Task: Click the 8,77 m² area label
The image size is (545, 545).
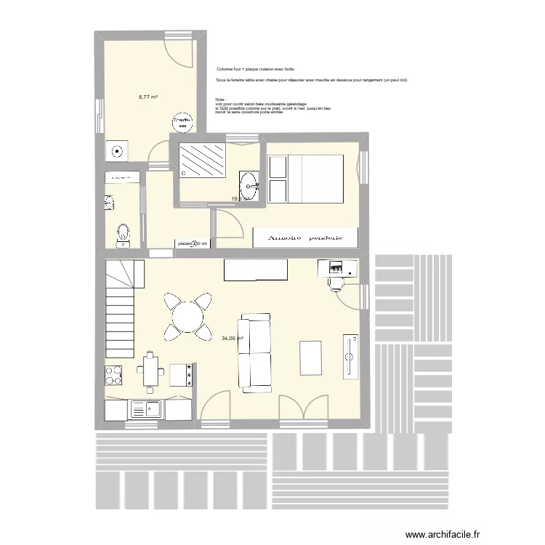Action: [148, 96]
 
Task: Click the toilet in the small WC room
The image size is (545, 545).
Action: [123, 234]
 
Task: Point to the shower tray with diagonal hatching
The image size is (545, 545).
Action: [203, 160]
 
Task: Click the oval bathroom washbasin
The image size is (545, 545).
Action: [249, 182]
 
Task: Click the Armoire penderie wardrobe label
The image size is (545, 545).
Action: [304, 238]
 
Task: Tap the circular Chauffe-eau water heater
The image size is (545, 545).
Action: [182, 121]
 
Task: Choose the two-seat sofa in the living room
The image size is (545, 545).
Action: [255, 352]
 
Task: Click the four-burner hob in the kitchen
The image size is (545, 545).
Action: [114, 375]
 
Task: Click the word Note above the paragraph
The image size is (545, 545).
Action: [221, 98]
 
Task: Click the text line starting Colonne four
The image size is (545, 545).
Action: [250, 68]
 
